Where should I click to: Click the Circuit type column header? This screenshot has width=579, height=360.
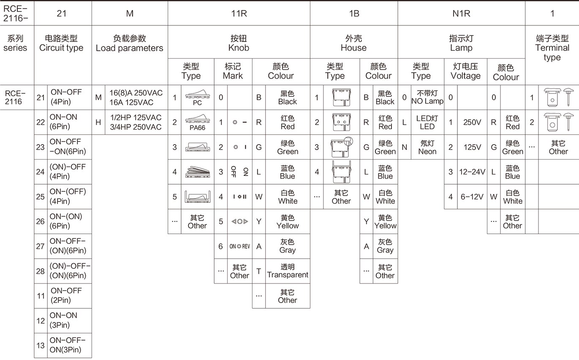[61, 43]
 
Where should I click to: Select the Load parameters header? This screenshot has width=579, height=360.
[130, 43]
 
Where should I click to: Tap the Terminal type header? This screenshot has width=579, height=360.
[552, 48]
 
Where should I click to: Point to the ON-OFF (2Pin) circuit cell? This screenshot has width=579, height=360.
[66, 295]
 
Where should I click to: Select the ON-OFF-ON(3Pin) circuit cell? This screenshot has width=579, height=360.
[67, 345]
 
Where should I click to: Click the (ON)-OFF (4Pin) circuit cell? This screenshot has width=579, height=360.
[68, 172]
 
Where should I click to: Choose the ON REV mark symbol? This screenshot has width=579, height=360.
[239, 246]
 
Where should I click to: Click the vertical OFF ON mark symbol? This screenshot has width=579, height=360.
[239, 172]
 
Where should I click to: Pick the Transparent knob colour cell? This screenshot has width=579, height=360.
[288, 271]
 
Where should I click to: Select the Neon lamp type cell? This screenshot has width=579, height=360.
[427, 147]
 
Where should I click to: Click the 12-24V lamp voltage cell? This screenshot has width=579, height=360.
[472, 172]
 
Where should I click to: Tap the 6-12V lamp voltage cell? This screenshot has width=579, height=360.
[472, 197]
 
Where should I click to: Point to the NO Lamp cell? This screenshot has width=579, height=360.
[427, 97]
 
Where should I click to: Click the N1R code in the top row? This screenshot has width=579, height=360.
[461, 14]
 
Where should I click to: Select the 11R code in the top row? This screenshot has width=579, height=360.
[239, 14]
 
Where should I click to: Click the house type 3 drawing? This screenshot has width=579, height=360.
[342, 147]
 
